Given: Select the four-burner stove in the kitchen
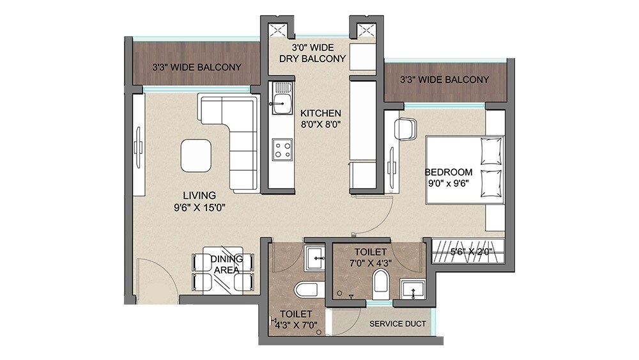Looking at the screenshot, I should pyautogui.click(x=282, y=151).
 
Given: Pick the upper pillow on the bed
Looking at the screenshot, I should pyautogui.click(x=491, y=151).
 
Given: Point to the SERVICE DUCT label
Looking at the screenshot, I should pyautogui.click(x=397, y=324).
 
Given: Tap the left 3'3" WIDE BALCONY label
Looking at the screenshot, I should pyautogui.click(x=196, y=67).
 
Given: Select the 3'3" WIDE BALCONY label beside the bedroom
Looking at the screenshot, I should pyautogui.click(x=444, y=80).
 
